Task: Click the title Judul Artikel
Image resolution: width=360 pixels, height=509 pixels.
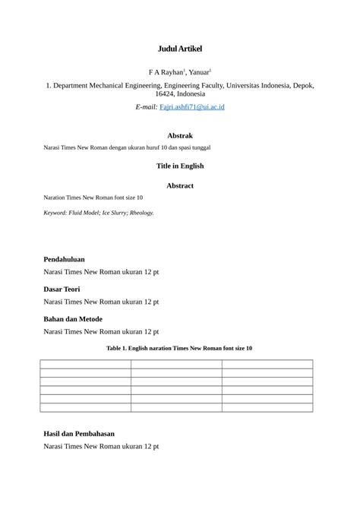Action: pyautogui.click(x=180, y=49)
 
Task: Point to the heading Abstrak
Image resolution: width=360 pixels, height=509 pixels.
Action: pyautogui.click(x=180, y=135)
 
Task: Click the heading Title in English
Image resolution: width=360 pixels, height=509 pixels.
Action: pyautogui.click(x=180, y=166)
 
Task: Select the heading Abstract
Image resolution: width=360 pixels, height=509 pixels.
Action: pyautogui.click(x=180, y=185)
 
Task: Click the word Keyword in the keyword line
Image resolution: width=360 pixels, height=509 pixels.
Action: pyautogui.click(x=56, y=213)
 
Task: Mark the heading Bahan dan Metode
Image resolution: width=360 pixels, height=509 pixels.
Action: pyautogui.click(x=73, y=319)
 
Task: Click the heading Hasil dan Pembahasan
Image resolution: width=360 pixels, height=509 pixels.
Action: pyautogui.click(x=79, y=434)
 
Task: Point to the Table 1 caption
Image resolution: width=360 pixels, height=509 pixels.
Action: pyautogui.click(x=180, y=348)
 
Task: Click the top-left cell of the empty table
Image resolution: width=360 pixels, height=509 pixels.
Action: pyautogui.click(x=85, y=364)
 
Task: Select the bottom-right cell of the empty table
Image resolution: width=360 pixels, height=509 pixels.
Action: pyautogui.click(x=267, y=408)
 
